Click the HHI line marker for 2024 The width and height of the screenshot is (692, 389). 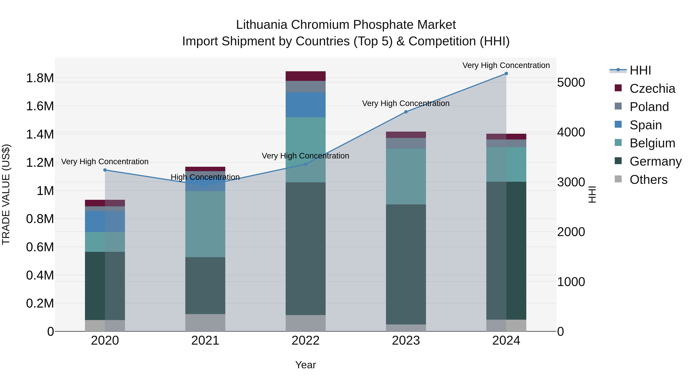pos(506,74)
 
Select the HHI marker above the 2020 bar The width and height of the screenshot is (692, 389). pos(105,170)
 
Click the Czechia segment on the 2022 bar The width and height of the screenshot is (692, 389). pos(305,76)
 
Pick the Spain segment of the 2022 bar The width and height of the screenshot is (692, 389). pos(305,105)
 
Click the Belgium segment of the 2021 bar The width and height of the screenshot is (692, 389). pos(205,224)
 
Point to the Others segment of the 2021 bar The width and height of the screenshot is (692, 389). pos(205,323)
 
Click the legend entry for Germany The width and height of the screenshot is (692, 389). pos(655,161)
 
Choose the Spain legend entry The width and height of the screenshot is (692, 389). pos(645,125)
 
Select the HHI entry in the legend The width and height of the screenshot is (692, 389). pos(640,70)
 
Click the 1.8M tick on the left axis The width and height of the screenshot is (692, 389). pos(40,78)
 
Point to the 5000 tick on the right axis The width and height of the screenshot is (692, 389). pos(571,82)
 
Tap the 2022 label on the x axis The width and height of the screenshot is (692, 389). pos(305,341)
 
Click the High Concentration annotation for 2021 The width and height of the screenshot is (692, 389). pos(205,177)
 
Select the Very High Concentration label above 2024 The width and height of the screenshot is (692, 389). pos(506,65)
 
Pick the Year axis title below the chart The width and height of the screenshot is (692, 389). pos(305,365)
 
